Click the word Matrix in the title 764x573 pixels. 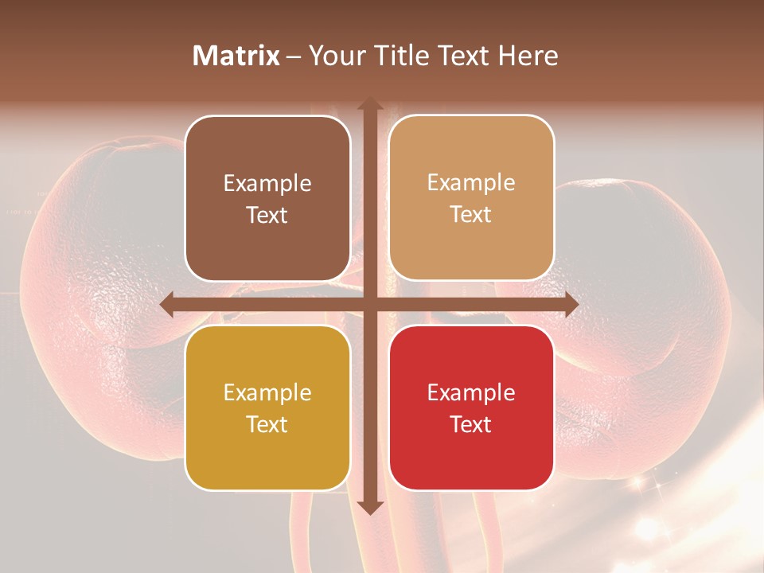pyautogui.click(x=236, y=56)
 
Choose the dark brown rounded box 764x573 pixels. pyautogui.click(x=267, y=198)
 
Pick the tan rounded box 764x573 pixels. pyautogui.click(x=471, y=198)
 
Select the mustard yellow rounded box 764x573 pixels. pyautogui.click(x=267, y=407)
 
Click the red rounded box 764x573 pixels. pyautogui.click(x=471, y=407)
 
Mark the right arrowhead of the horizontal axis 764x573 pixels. pyautogui.click(x=571, y=305)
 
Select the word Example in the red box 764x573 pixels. pyautogui.click(x=471, y=392)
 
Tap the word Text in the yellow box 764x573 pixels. pyautogui.click(x=267, y=424)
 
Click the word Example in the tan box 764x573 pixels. pyautogui.click(x=471, y=183)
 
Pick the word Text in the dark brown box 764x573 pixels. pyautogui.click(x=267, y=215)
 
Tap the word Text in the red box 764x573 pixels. pyautogui.click(x=471, y=424)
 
